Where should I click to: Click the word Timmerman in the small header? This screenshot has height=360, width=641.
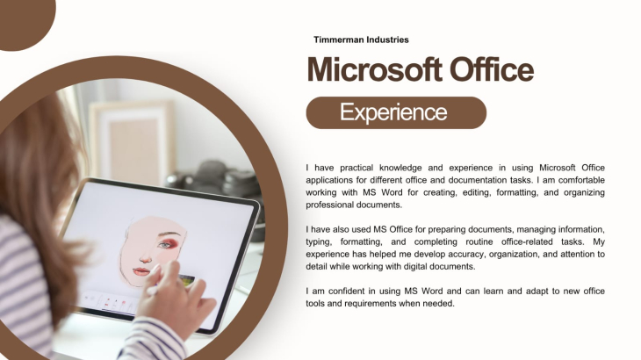coord(338,40)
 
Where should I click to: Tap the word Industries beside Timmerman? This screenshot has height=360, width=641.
coord(387,40)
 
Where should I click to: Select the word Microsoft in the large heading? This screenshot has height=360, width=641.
coord(374,69)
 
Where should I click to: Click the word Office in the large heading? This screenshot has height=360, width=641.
coord(492,69)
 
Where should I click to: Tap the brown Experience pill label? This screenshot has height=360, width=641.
coord(396,112)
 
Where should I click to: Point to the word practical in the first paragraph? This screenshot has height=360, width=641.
coord(357,168)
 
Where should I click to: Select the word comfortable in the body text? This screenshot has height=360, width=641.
coord(581,180)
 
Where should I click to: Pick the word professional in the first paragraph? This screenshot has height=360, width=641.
coord(329,205)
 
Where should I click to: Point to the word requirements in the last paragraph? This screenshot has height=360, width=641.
coord(371,304)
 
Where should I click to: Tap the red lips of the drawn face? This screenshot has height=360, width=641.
coord(141,271)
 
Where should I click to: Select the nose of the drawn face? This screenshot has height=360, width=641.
coord(146,256)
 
